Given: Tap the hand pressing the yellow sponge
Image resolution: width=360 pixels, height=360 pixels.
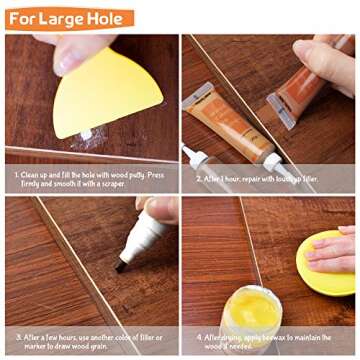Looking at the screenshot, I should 336,248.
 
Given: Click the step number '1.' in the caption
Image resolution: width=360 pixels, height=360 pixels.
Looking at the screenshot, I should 18,173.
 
